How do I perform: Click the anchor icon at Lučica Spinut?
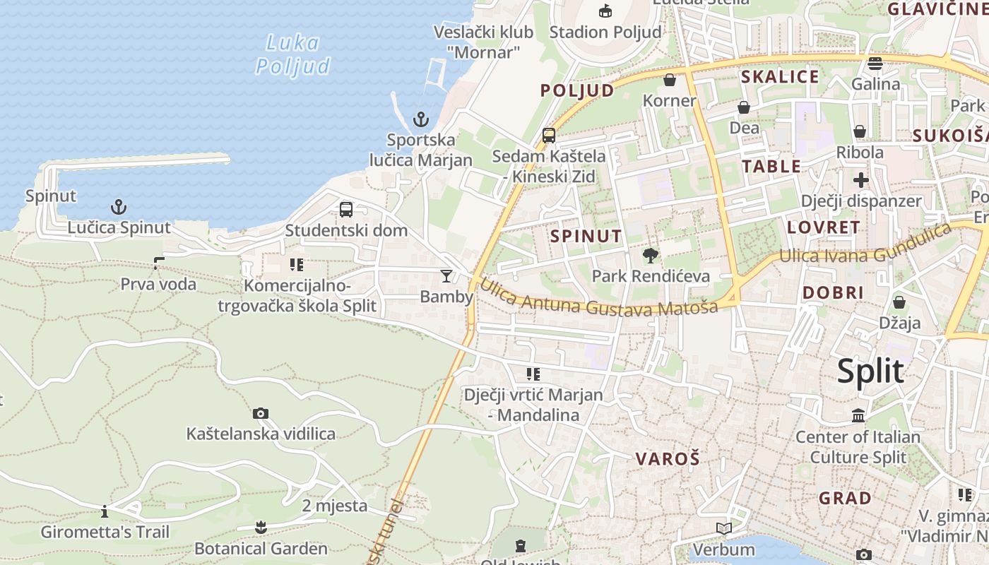click(119, 207)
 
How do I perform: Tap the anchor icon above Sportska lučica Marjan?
click(421, 119)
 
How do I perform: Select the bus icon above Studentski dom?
click(346, 210)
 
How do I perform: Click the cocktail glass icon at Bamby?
click(446, 275)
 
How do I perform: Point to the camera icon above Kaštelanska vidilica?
click(261, 413)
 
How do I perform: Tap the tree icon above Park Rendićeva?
click(650, 255)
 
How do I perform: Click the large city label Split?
click(870, 371)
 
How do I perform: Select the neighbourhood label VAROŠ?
click(668, 459)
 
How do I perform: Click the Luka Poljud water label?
click(292, 54)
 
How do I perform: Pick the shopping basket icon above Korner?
click(670, 80)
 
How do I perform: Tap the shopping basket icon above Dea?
click(744, 107)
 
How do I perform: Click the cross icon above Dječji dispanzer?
click(860, 180)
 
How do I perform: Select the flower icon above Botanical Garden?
click(261, 527)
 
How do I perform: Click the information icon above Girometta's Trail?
click(105, 511)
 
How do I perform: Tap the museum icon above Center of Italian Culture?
click(858, 416)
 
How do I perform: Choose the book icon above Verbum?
click(723, 528)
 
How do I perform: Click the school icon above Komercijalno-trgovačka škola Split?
click(297, 265)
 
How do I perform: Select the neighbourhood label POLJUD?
click(577, 90)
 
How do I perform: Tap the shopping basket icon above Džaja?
click(899, 302)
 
